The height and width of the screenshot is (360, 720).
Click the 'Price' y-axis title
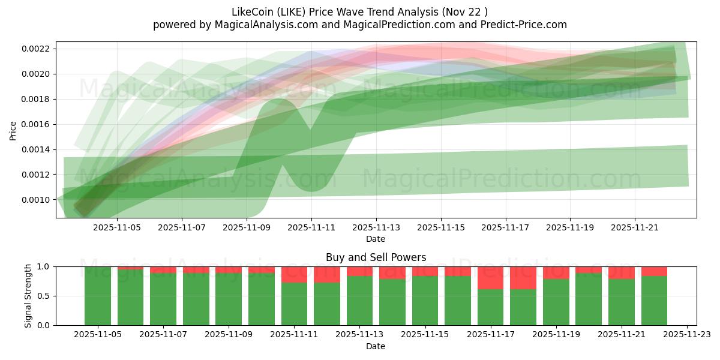(x=13, y=130)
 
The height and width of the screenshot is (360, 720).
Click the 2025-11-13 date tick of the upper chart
(x=376, y=227)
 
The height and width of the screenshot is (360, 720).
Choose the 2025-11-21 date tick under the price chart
(x=635, y=227)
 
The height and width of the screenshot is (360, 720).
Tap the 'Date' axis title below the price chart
(x=376, y=239)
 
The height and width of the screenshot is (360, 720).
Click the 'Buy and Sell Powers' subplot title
(x=376, y=257)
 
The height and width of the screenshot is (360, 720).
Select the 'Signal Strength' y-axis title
(x=28, y=296)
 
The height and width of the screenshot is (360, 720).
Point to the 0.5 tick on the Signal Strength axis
(x=44, y=296)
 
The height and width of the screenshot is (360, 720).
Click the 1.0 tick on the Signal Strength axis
(x=44, y=266)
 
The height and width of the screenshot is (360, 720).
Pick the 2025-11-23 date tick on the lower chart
(x=686, y=335)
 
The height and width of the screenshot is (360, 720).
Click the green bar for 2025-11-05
(x=98, y=296)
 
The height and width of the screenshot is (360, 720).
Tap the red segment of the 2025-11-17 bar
(x=490, y=278)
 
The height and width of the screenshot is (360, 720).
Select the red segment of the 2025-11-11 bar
(x=294, y=275)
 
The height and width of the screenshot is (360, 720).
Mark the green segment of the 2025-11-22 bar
(x=654, y=300)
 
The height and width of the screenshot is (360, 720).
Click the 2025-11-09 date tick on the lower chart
(x=229, y=335)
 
